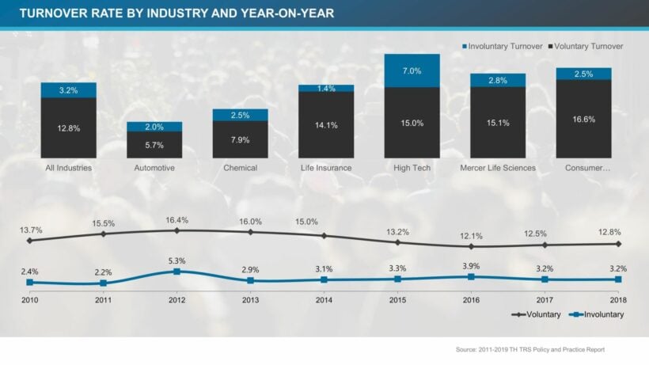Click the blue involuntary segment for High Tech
click(x=412, y=70)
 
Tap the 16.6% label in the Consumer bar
click(x=583, y=119)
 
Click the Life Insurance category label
click(x=325, y=168)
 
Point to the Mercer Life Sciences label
click(x=497, y=168)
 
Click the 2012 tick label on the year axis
click(x=176, y=300)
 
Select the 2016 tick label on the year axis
click(x=471, y=300)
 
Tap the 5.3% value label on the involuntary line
click(x=176, y=260)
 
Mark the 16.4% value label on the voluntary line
click(x=176, y=220)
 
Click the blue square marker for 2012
click(x=176, y=272)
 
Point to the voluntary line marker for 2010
click(x=29, y=240)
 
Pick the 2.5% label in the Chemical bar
click(x=240, y=116)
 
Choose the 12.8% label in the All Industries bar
click(x=68, y=127)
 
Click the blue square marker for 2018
click(x=618, y=279)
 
